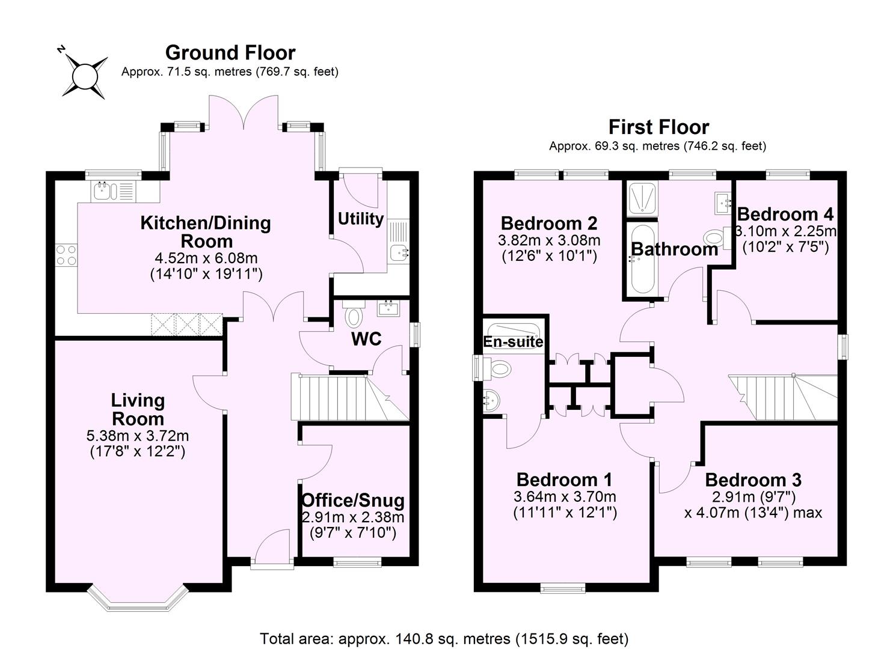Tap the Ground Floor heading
230,53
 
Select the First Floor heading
658,127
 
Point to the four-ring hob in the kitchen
66,255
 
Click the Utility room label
360,219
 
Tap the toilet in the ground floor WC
354,315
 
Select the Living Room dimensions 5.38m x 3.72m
138,436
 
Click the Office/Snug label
352,500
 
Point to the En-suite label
513,342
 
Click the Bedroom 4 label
785,215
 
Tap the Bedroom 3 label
753,480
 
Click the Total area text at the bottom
444,638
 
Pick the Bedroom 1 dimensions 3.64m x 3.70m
565,497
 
